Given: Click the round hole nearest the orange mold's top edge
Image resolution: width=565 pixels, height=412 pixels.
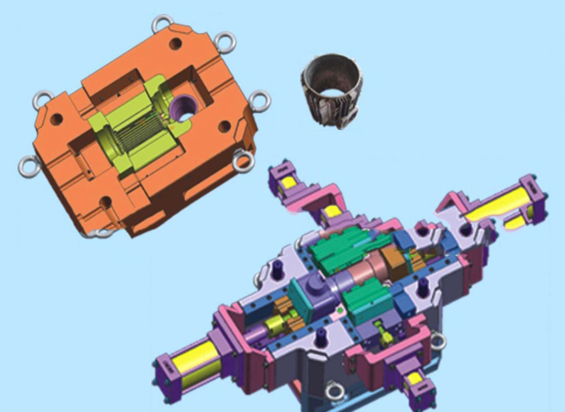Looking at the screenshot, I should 176,44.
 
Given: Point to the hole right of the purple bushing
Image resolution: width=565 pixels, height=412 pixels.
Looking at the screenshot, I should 224,127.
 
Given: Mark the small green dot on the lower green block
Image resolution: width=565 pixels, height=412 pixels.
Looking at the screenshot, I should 340,310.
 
